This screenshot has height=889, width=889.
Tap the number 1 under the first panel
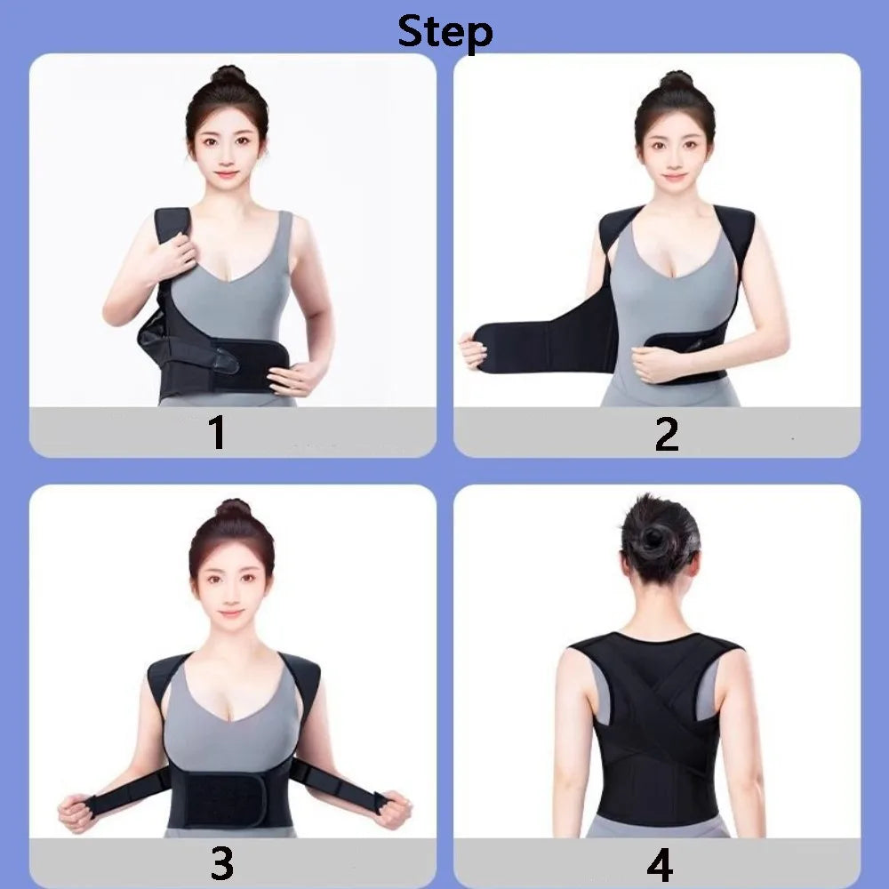(217, 433)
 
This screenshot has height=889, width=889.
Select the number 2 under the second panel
(666, 433)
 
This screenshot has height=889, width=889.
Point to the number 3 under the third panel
(221, 862)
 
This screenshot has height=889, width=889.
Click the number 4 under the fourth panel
(659, 862)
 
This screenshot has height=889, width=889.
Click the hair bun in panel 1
(228, 76)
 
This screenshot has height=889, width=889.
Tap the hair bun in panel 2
(676, 79)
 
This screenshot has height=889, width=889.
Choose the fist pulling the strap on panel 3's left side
(75, 812)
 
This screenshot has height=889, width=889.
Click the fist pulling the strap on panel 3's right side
(393, 809)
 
